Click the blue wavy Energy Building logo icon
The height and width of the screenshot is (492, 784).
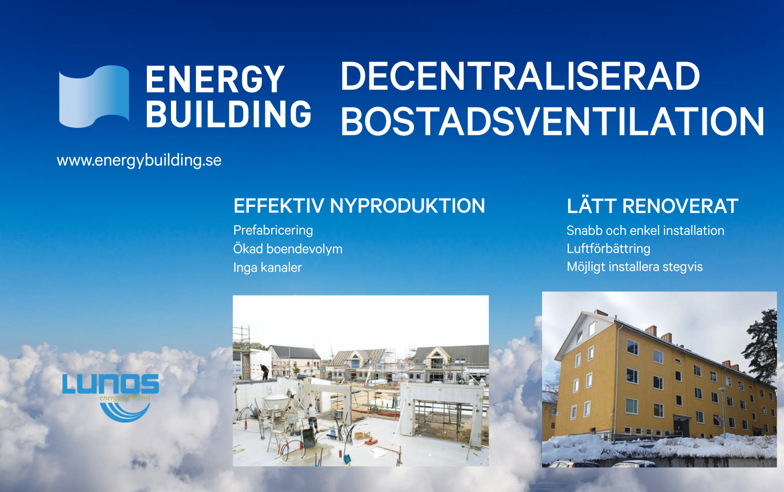[x=94, y=97]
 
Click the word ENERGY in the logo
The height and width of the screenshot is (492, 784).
[x=215, y=80]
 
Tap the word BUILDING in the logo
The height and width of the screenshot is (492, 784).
[x=228, y=114]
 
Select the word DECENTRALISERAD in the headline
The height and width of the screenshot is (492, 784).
[x=520, y=77]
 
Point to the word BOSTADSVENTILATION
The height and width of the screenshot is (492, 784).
[x=552, y=122]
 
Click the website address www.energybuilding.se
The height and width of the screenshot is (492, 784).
[x=139, y=160]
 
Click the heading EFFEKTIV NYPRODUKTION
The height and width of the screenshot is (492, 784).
[x=359, y=206]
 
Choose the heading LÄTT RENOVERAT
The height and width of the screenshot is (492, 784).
[x=652, y=206]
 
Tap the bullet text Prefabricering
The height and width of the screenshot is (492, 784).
[x=273, y=230]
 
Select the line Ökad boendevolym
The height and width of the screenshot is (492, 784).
[x=287, y=249]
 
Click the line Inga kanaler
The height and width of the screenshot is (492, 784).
[x=267, y=267]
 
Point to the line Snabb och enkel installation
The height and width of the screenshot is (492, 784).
[x=645, y=230]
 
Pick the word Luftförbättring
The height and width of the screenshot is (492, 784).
[x=608, y=249]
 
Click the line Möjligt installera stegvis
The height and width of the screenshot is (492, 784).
[x=635, y=267]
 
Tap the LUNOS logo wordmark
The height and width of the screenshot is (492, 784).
[x=110, y=384]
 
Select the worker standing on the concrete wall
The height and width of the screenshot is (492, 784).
[x=265, y=371]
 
